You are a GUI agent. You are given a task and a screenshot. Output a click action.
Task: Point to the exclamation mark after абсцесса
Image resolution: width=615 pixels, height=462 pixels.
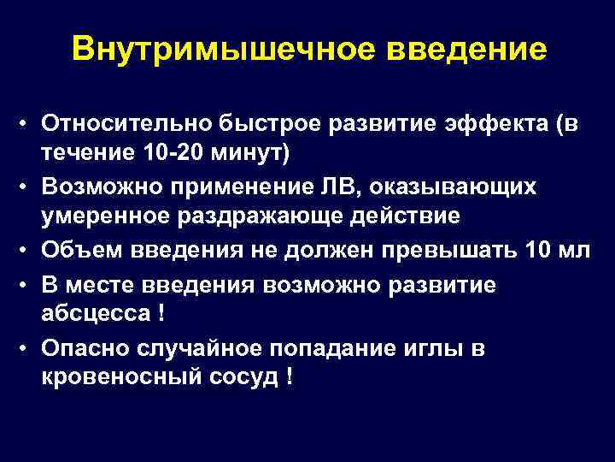pos(161,311)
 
